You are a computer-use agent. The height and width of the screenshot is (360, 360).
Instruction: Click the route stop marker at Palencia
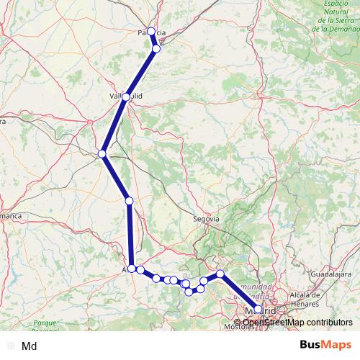click(x=151, y=31)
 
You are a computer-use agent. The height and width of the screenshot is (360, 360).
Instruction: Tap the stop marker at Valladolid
click(x=127, y=96)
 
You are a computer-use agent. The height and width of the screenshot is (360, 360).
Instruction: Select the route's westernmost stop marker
click(x=102, y=153)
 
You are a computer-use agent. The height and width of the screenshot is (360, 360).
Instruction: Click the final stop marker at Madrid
click(x=258, y=309)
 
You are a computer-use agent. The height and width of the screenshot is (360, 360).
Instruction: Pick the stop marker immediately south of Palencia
click(x=156, y=49)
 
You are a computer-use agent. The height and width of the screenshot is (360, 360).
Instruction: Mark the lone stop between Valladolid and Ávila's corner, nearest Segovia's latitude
click(x=129, y=201)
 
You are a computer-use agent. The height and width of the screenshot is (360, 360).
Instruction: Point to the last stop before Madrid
click(x=220, y=274)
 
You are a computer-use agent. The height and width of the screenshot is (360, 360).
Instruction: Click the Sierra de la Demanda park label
click(x=336, y=20)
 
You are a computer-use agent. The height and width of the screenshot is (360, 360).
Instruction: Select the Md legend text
click(x=30, y=346)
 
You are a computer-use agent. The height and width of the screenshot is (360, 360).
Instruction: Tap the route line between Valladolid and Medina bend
click(x=114, y=125)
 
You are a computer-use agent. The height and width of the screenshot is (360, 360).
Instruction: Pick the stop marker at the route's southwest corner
click(x=132, y=269)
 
